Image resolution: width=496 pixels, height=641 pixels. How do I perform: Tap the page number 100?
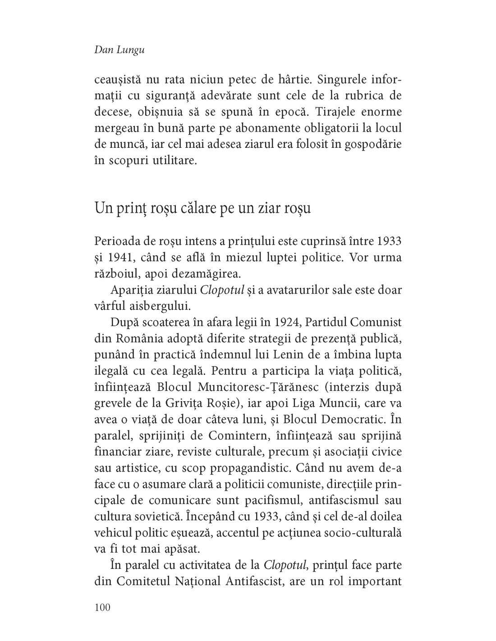click(103, 607)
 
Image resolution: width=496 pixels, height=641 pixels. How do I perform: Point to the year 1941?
click(120, 258)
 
